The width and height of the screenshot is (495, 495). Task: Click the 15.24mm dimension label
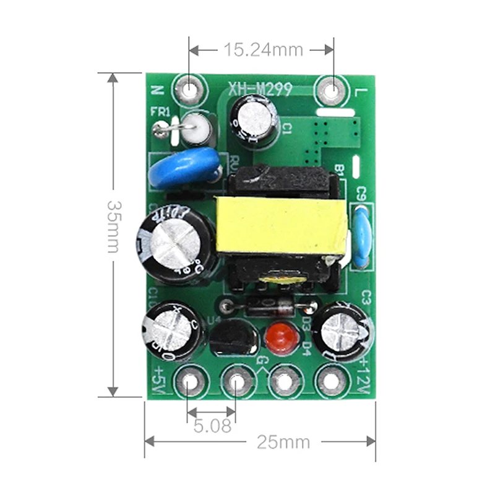(263, 49)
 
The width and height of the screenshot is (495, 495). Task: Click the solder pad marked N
(188, 90)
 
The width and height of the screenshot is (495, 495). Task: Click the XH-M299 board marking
(259, 90)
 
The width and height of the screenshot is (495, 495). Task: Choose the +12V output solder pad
(332, 382)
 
